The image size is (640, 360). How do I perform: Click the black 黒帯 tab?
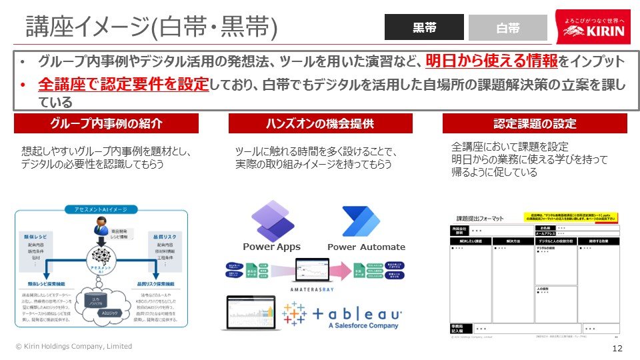424,27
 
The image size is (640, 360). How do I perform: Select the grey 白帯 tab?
507,28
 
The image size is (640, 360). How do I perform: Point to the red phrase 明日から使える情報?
492,62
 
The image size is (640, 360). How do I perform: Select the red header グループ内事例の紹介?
106,124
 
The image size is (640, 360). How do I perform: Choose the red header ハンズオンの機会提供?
320,124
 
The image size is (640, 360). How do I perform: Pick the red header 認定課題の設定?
535,124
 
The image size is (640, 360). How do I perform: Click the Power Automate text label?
366,247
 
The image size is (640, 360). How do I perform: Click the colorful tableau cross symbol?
294,315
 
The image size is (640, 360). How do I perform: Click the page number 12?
617,349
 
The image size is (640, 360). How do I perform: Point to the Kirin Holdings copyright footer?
74,347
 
